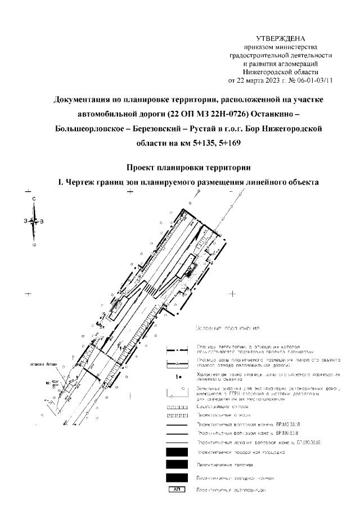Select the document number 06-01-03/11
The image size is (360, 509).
(313, 80)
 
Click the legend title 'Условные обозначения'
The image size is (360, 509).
(227, 328)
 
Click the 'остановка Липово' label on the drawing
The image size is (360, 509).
(45, 363)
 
